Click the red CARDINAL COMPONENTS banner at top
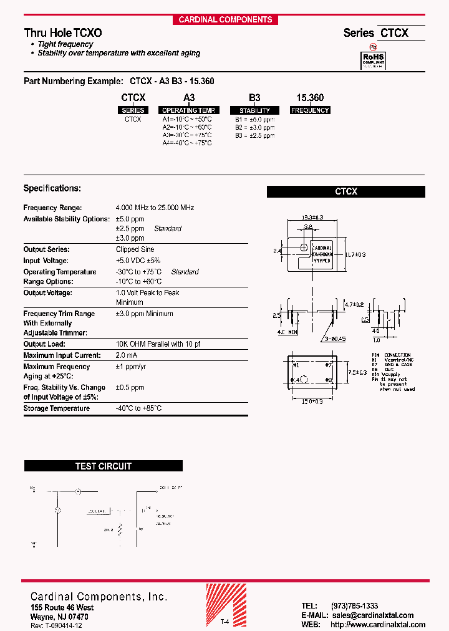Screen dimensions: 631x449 (x=225, y=19)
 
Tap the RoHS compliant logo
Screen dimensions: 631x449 (x=374, y=60)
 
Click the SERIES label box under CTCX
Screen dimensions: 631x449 (x=133, y=110)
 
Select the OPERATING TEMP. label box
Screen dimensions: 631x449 (x=189, y=110)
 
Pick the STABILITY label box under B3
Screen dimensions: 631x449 (x=254, y=110)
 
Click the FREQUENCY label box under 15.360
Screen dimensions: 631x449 (x=310, y=110)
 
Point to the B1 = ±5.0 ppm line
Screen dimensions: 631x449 (x=254, y=119)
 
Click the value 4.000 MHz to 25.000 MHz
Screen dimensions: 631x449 (x=155, y=208)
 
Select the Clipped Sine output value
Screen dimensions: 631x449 (x=135, y=249)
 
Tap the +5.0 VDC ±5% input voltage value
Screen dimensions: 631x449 (x=138, y=261)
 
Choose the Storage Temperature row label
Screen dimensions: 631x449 (x=57, y=408)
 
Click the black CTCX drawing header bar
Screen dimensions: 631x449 (x=346, y=192)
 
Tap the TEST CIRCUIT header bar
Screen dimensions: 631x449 (x=104, y=466)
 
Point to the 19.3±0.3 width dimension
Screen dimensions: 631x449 (x=312, y=217)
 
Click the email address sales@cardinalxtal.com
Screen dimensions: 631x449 (x=372, y=615)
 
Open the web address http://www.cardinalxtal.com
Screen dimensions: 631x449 (x=378, y=625)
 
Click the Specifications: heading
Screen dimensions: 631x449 (x=52, y=188)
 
